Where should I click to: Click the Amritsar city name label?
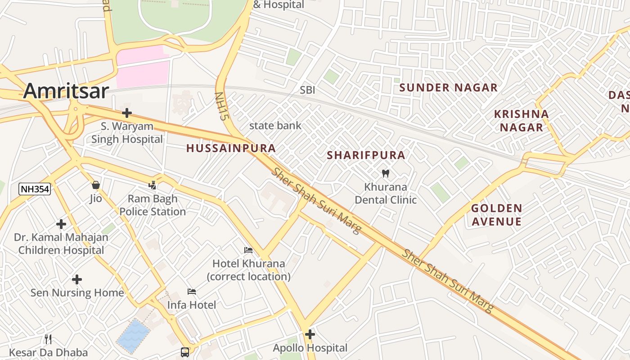pos(66,91)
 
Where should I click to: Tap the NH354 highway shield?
pos(34,189)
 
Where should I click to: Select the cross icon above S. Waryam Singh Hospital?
pos(127,112)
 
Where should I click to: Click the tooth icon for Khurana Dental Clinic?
pos(386,173)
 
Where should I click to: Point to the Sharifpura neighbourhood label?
pos(366,155)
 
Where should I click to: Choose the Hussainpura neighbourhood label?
pos(231,148)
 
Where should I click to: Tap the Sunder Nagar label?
pos(448,88)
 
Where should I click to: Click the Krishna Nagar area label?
pos(522,121)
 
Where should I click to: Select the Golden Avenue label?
pos(496,215)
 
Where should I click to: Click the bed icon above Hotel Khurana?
pos(248,250)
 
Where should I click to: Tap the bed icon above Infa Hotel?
pos(192,292)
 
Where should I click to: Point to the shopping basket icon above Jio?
pos(95,185)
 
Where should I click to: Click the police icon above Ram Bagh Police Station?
pos(153,185)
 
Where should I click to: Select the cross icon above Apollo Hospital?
pos(310,334)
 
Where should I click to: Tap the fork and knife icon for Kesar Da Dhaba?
pos(48,339)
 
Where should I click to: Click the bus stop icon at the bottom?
pos(185,352)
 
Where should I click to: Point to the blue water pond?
pos(133,335)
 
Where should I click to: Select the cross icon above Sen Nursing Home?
pos(77,279)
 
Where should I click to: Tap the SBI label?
pos(307,90)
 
